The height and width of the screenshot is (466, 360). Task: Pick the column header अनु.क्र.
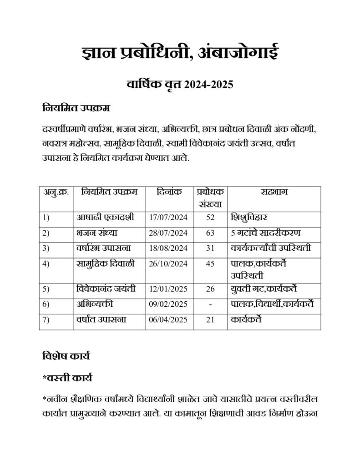56,192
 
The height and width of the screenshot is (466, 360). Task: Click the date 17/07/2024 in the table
168,217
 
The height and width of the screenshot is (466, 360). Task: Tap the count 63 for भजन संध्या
210,233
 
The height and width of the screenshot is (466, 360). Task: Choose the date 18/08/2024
168,249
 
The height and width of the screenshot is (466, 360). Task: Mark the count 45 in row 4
210,264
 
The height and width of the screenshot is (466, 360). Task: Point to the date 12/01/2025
168,288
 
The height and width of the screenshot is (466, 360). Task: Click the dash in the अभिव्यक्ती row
210,304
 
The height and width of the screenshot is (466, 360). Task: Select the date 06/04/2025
168,320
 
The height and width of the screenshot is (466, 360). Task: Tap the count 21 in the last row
210,320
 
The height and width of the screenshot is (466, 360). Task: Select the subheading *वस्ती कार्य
68,378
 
